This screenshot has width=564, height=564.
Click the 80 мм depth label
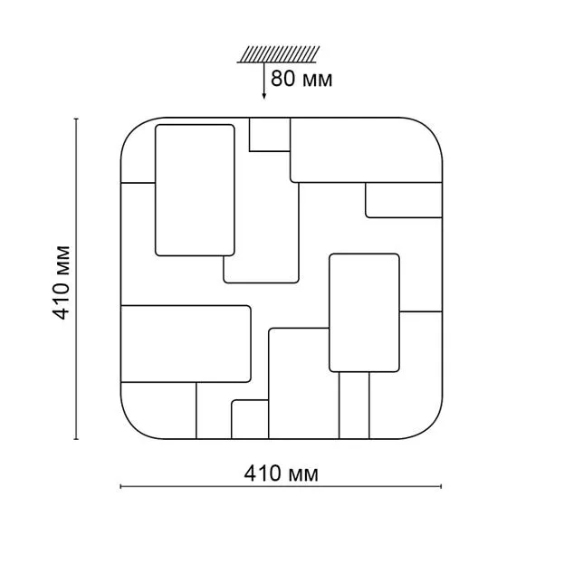pyautogui.click(x=301, y=79)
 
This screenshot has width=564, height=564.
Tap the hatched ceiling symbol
pyautogui.click(x=278, y=54)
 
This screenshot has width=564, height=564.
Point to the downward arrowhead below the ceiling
pyautogui.click(x=264, y=95)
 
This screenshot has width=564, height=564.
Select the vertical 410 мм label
pyautogui.click(x=62, y=282)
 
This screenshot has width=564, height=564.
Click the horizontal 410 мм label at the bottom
pyautogui.click(x=281, y=473)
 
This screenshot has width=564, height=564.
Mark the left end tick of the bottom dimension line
pyautogui.click(x=121, y=487)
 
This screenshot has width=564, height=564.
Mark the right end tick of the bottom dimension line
pyautogui.click(x=441, y=487)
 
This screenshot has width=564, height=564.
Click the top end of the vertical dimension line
pyautogui.click(x=76, y=119)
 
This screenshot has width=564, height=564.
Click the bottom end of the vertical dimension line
pyautogui.click(x=76, y=439)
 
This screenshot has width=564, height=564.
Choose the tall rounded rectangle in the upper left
pyautogui.click(x=195, y=190)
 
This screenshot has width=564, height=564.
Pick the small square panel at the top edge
pyautogui.click(x=270, y=135)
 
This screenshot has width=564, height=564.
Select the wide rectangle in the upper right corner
pyautogui.click(x=366, y=150)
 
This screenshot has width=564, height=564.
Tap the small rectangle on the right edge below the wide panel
pyautogui.click(x=404, y=200)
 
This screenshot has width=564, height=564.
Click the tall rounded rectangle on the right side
pyautogui.click(x=364, y=313)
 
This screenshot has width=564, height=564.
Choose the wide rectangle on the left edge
pyautogui.click(x=186, y=344)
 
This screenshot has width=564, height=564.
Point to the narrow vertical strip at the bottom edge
pyautogui.click(x=354, y=406)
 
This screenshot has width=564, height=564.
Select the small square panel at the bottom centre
pyautogui.click(x=250, y=419)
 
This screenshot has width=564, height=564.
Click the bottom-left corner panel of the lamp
pyautogui.click(x=158, y=411)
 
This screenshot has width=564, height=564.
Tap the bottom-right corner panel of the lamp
pyautogui.click(x=406, y=375)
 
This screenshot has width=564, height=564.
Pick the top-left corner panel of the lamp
pyautogui.click(x=139, y=150)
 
